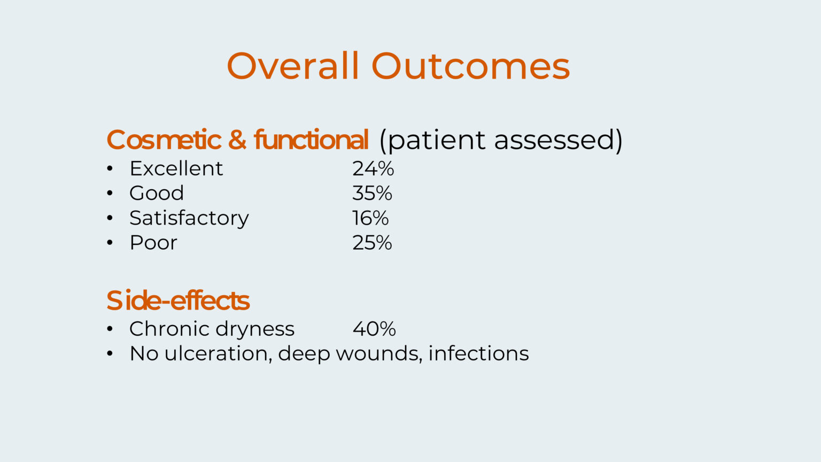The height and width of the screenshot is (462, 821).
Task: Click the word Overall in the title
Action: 292,66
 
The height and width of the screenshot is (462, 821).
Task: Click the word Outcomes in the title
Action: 470,66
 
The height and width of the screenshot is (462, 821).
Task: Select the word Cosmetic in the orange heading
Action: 164,140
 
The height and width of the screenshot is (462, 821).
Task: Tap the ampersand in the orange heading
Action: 237,140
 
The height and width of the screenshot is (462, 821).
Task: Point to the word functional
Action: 311,140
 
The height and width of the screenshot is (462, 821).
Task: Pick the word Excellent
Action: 176,168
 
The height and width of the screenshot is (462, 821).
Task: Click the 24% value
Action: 373,168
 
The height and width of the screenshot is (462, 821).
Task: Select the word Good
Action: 157,193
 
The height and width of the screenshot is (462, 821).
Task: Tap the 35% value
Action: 372,193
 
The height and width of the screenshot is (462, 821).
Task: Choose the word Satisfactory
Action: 189,218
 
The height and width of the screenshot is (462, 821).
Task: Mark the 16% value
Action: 370,218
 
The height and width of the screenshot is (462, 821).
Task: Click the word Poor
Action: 153,243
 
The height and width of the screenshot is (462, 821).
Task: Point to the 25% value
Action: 372,243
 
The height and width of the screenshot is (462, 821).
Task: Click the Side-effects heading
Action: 178,300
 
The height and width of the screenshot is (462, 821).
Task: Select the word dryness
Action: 255,329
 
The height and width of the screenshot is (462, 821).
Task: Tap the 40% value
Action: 374,329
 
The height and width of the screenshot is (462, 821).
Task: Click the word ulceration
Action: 218,354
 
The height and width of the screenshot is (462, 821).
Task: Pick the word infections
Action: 479,353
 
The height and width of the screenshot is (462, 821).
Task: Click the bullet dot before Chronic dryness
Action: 110,329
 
